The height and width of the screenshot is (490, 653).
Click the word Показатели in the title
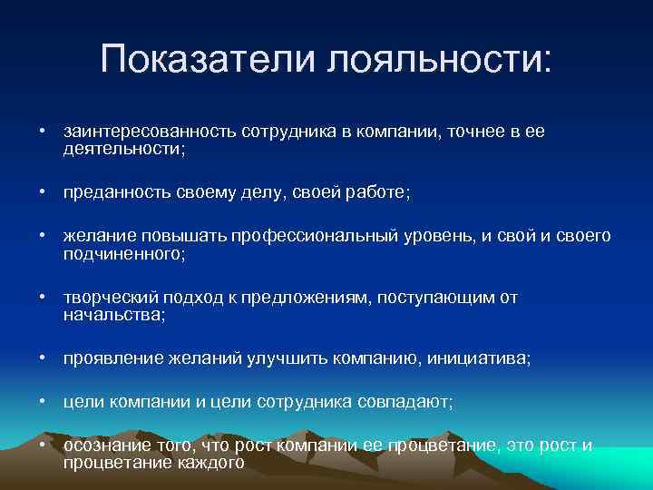point(209,60)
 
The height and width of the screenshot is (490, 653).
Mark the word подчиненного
point(123,253)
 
